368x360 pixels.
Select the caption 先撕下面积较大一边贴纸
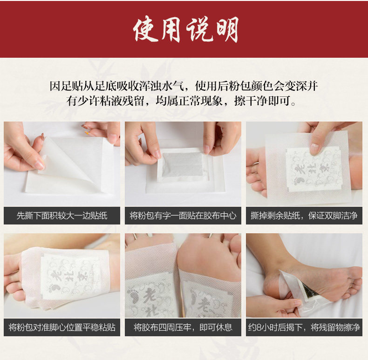(x=62, y=216)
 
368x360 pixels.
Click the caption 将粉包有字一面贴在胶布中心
(x=183, y=216)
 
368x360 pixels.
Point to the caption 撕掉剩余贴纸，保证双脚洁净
(x=304, y=216)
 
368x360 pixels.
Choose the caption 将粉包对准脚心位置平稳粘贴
(x=62, y=327)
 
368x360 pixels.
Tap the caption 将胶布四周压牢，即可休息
(x=183, y=327)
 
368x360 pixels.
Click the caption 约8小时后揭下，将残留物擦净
(x=304, y=327)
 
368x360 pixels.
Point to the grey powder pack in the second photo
(x=182, y=166)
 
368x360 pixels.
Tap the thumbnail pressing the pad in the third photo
(x=314, y=149)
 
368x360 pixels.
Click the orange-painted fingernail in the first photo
(x=87, y=133)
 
